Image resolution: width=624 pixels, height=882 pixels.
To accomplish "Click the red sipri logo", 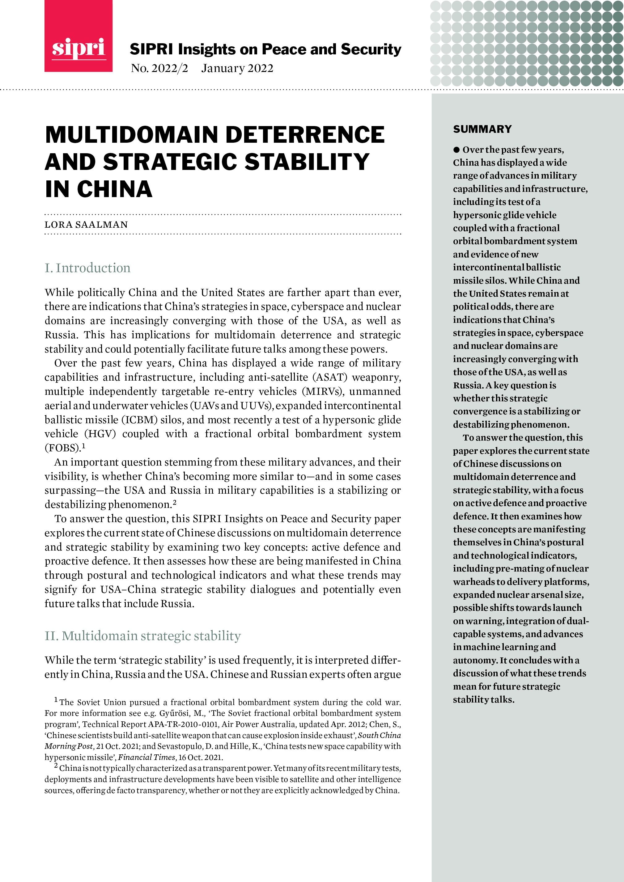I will coord(79,36).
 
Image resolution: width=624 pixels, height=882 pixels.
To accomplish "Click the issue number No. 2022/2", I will coord(159,68).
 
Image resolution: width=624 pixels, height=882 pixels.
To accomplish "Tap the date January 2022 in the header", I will coord(237,68).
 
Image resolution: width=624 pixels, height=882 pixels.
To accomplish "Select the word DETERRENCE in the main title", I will coord(305,135).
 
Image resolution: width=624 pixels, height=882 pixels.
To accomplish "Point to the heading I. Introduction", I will coord(87,268).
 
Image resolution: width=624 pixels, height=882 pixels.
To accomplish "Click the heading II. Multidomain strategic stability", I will coord(142,636).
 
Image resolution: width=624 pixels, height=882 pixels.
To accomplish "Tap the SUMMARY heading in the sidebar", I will coord(482,129).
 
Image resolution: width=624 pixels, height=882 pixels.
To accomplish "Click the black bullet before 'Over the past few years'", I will coord(456,150).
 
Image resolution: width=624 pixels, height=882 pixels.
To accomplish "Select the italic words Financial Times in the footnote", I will coord(146,757).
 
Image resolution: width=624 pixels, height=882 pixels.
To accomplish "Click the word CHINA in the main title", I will coord(114,189).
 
